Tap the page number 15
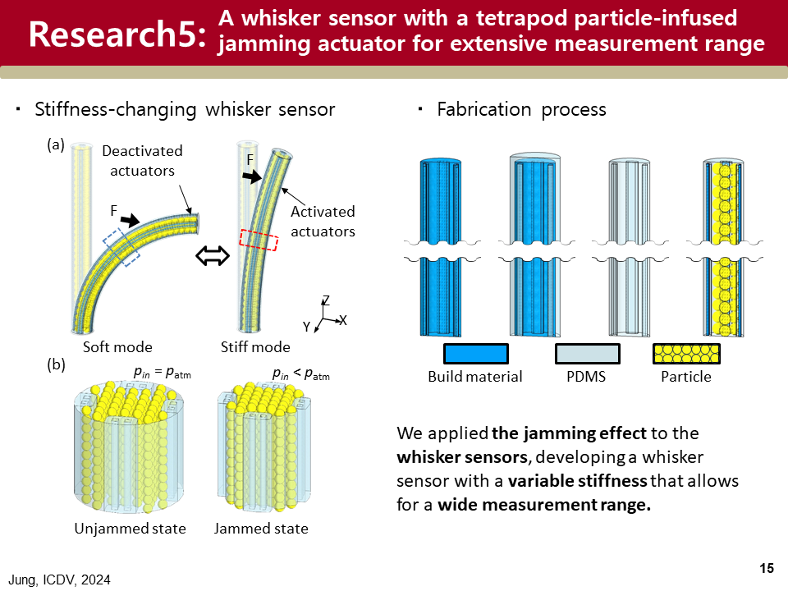click(767, 569)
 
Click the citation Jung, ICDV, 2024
click(60, 580)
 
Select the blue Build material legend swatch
click(475, 354)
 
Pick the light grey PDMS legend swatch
click(587, 354)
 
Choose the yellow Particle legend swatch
click(686, 354)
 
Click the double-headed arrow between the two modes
click(212, 257)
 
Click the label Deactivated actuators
click(142, 161)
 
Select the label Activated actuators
click(323, 222)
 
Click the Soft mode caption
click(117, 346)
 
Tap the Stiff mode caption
click(255, 346)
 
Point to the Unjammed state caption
click(130, 528)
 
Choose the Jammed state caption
click(261, 528)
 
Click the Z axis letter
click(325, 300)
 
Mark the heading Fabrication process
click(521, 109)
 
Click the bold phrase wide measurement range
click(544, 504)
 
